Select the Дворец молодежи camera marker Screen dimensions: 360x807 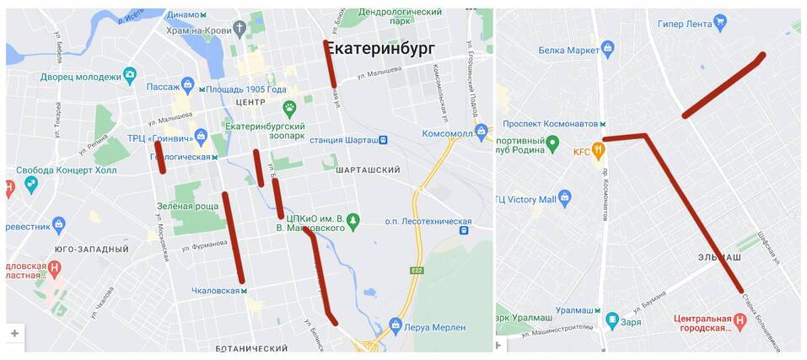[130, 76]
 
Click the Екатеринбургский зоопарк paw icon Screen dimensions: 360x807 [290, 107]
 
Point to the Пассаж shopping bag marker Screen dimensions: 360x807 [187, 85]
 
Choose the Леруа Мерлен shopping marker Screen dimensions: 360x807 [395, 324]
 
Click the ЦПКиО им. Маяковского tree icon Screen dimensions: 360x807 [353, 221]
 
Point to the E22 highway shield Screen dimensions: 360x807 [416, 271]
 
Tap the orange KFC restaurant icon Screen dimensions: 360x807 [598, 151]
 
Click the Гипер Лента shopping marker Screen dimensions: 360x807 [719, 23]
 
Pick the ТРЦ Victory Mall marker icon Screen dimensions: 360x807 [565, 198]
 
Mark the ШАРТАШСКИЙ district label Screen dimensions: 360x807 [367, 169]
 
